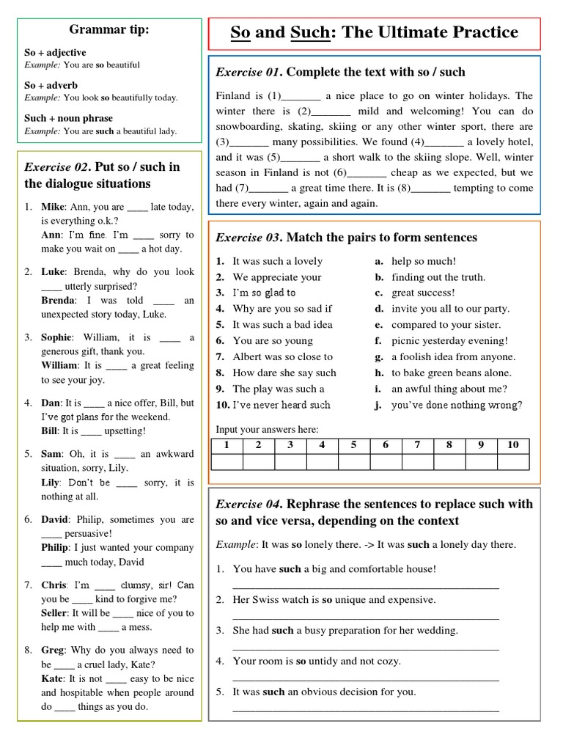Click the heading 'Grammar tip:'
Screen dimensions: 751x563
click(x=108, y=30)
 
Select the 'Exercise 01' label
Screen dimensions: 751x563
click(x=248, y=72)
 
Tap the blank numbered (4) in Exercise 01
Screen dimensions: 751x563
click(x=444, y=142)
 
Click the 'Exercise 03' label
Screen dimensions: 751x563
click(x=248, y=238)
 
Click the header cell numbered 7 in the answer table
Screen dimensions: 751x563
click(x=417, y=445)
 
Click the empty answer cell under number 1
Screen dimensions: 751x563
click(x=227, y=462)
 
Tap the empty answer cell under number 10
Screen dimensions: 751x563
click(x=512, y=462)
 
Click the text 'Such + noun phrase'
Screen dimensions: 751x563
click(x=68, y=118)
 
